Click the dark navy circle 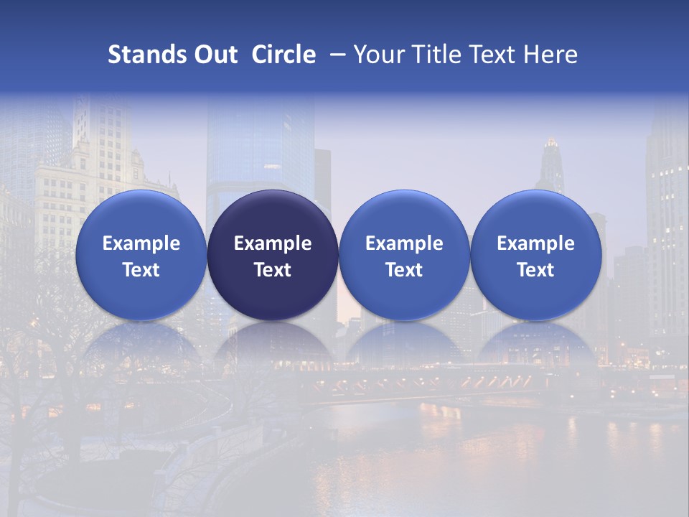273,255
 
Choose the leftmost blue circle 141,255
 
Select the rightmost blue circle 535,255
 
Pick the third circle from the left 404,255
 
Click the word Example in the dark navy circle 273,243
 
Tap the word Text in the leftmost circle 141,270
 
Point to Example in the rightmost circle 535,243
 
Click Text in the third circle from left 404,270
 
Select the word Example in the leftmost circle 141,243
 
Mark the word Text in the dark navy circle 273,270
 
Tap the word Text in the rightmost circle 535,270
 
